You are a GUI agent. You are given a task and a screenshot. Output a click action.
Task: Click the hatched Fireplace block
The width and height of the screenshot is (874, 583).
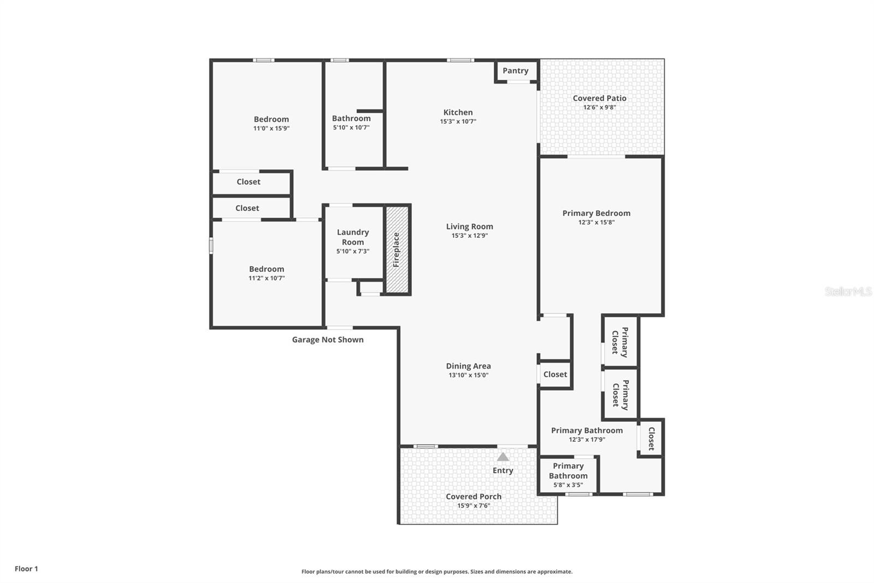[x=397, y=250]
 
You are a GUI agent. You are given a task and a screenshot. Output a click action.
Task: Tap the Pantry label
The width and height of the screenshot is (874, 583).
[x=515, y=71]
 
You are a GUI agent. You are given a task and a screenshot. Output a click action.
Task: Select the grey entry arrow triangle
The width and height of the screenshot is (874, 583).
[x=503, y=457]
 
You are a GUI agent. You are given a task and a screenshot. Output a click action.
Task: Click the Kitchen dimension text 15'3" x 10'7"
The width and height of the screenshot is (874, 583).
[x=458, y=121]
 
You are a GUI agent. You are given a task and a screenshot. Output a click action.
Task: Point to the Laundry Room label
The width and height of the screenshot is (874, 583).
[x=353, y=237]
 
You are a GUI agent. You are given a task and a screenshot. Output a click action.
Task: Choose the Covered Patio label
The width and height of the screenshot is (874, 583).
[x=599, y=98]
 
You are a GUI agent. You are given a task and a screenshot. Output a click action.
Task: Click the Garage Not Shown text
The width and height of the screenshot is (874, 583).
[x=327, y=340]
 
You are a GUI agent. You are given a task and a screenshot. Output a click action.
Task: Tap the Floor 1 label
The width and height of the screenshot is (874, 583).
[x=26, y=569]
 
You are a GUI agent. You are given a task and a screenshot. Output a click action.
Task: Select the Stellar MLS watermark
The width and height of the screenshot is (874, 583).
[x=848, y=291]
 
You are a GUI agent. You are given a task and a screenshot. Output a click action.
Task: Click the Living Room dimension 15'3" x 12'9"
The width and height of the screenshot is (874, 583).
[x=469, y=236]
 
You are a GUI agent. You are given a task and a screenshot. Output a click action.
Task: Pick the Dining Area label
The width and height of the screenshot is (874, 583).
[x=468, y=366]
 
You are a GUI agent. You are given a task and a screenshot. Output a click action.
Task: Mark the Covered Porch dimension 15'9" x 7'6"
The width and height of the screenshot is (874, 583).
[x=473, y=505]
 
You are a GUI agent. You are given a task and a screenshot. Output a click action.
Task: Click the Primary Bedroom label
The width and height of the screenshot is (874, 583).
[x=596, y=213]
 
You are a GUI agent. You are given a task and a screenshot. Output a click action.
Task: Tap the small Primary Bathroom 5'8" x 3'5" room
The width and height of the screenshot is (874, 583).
[x=568, y=475]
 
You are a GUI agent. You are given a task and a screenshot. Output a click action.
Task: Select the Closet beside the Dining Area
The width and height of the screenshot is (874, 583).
[x=555, y=375]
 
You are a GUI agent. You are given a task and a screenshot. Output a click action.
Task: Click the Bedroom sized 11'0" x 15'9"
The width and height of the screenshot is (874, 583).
[x=271, y=123]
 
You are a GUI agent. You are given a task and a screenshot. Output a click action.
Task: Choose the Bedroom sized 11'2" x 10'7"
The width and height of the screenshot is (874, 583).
[x=267, y=273]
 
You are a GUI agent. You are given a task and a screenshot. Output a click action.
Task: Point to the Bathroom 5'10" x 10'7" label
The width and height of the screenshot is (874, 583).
[x=351, y=119]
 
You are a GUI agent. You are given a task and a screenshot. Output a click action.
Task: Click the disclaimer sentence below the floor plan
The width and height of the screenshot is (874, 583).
[x=436, y=572]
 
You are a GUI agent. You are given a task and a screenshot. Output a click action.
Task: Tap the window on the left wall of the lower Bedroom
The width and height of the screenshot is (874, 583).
[x=211, y=245]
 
